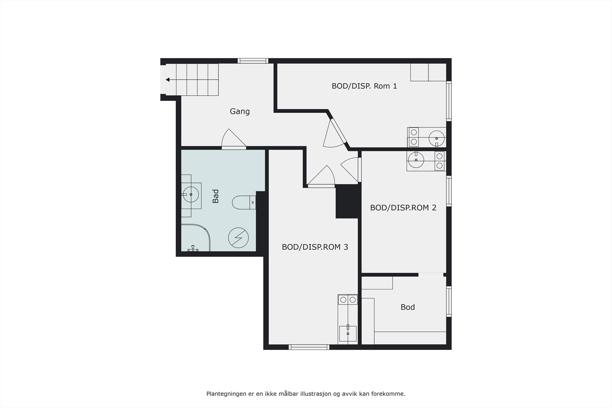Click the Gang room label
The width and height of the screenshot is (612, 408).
click(x=239, y=111)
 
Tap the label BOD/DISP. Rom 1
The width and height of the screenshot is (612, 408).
click(x=364, y=86)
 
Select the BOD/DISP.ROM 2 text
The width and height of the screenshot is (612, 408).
click(x=403, y=208)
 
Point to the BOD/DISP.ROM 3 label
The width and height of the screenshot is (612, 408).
click(x=315, y=247)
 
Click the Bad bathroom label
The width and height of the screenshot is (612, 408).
click(x=216, y=196)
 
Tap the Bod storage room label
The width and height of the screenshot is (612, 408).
click(x=407, y=307)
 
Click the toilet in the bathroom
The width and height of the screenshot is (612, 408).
click(x=243, y=202)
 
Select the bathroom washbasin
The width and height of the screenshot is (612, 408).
click(x=190, y=195)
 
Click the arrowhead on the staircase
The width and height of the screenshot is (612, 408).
click(x=168, y=80)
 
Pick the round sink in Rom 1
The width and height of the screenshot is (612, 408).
click(x=436, y=138)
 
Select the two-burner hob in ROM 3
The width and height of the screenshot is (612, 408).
click(x=348, y=299)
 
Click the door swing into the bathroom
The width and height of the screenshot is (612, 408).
click(x=233, y=139)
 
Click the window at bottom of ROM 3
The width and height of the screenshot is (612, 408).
click(x=309, y=347)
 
